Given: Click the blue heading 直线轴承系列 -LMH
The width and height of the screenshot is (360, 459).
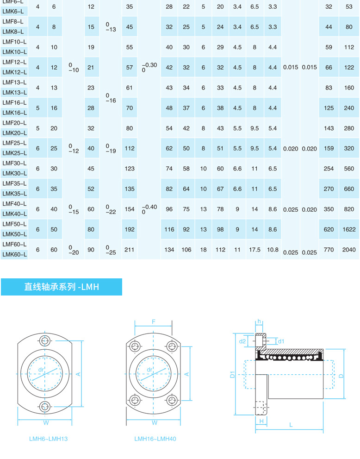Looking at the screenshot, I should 62,287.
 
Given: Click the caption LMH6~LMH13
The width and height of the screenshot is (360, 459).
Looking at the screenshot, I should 48,439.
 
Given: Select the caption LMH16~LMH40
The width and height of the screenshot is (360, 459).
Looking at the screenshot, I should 155,439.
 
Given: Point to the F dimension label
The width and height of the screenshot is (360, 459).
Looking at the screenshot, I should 154,321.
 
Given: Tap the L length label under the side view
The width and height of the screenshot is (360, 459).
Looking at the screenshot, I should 291,425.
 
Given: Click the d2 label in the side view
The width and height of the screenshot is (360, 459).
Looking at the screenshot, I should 242,341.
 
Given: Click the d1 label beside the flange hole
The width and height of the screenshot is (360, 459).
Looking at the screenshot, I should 281,341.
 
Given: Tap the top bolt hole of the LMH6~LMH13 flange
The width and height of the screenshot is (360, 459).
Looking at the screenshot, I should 45,341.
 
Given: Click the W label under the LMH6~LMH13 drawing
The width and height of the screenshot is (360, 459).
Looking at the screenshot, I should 46,422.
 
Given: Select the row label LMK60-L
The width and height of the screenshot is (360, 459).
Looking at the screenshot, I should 15,254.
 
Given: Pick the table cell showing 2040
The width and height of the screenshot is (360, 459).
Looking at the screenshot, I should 348,250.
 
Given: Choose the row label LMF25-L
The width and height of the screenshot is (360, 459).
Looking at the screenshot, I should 15,143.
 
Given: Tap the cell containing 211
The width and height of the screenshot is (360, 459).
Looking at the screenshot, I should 130,250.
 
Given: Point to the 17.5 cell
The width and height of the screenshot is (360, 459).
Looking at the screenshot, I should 254,250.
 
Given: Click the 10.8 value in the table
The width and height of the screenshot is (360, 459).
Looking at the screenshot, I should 273,250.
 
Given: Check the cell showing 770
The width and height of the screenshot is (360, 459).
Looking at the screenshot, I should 329,250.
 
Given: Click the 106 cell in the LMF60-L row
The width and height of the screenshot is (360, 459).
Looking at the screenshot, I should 186,250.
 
